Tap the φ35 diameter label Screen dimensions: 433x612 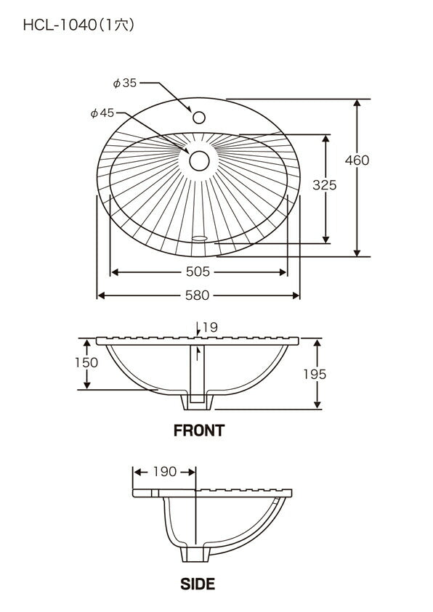pyautogui.click(x=124, y=83)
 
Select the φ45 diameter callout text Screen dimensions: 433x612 pyautogui.click(x=102, y=113)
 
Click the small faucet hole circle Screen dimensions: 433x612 pyautogui.click(x=199, y=117)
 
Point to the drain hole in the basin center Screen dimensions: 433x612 pyautogui.click(x=199, y=161)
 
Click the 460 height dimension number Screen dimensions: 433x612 pyautogui.click(x=357, y=160)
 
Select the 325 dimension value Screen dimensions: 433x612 pyautogui.click(x=325, y=184)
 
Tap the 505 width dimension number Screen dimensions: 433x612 pyautogui.click(x=198, y=272)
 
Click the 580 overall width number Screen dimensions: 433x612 pyautogui.click(x=198, y=295)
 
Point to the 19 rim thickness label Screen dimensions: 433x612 pyautogui.click(x=210, y=327)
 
